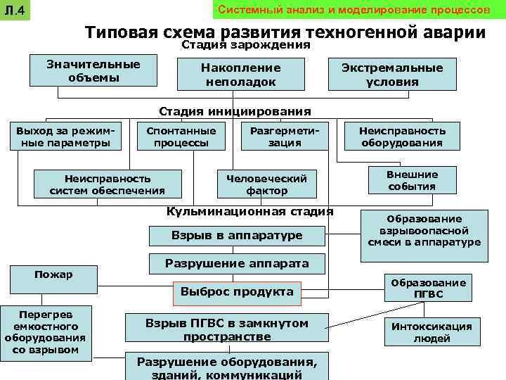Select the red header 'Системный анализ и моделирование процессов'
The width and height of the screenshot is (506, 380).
354,11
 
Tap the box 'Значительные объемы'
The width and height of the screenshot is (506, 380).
93,71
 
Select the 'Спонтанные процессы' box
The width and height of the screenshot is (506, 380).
181,137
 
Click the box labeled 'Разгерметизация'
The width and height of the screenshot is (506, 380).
285,137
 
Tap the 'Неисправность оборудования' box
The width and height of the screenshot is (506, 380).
402,137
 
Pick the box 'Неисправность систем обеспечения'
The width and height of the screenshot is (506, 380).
108,184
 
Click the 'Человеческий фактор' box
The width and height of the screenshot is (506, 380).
266,184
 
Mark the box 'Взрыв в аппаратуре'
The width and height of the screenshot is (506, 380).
237,235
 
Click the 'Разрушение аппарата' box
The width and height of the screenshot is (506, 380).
237,264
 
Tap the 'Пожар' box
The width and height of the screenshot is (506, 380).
53,278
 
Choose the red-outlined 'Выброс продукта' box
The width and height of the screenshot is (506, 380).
237,291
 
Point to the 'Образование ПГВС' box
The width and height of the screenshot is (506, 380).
428,288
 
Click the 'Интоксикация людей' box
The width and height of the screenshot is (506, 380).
432,331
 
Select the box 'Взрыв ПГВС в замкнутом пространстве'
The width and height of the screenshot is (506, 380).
226,329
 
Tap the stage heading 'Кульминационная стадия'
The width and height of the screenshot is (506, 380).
249,212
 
